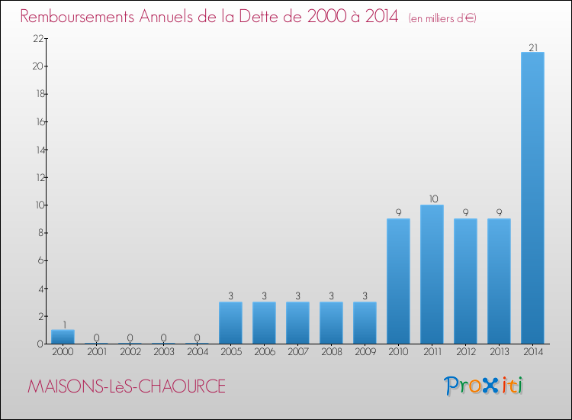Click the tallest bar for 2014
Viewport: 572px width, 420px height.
point(532,198)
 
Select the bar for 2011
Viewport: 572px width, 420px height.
point(432,274)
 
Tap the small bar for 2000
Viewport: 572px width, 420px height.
point(63,337)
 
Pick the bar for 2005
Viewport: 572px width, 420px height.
point(230,322)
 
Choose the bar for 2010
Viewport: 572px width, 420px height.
point(398,281)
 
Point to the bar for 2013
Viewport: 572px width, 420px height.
point(499,281)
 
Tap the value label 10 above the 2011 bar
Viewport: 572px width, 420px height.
point(432,199)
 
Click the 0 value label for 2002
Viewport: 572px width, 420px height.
point(130,338)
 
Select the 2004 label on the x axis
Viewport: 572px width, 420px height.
point(197,352)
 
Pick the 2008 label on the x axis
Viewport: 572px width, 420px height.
point(331,352)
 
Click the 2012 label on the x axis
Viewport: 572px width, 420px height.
point(465,352)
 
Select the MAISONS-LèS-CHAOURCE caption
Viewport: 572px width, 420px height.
point(127,386)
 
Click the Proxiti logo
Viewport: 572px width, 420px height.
point(484,386)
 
